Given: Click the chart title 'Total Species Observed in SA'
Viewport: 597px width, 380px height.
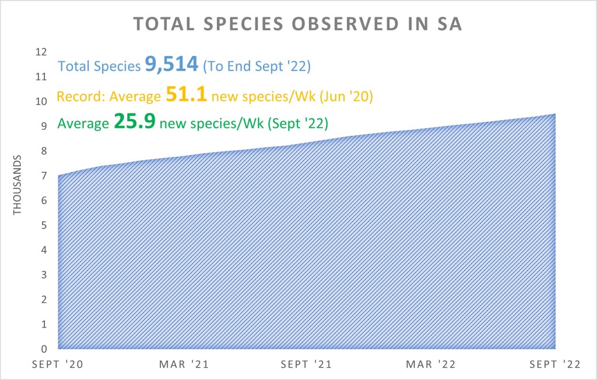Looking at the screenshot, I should pos(298,24).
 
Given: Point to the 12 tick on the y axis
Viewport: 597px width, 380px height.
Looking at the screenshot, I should pos(41,52).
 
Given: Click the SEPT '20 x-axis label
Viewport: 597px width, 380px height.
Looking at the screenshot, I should pos(57,365).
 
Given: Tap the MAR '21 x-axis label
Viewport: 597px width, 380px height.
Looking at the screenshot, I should pos(183,365).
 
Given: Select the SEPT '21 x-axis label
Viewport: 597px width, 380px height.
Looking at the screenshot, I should pos(307,365).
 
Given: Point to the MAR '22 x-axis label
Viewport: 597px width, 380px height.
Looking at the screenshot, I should pos(431,365).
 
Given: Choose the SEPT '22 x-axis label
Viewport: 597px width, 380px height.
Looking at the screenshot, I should pos(554,365).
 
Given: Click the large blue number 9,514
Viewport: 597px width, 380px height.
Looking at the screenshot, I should pos(171,65).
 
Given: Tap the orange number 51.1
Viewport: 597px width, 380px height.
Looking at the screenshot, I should pos(187,94).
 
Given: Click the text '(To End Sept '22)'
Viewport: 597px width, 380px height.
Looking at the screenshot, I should pos(257,66).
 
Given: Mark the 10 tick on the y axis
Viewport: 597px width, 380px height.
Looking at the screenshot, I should pos(41,101).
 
